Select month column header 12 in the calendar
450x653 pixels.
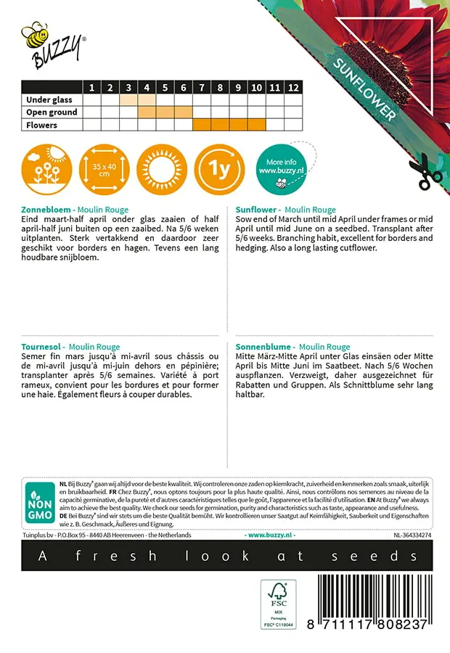point(292,88)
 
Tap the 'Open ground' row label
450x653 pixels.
point(52,112)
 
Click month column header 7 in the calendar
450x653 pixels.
point(202,88)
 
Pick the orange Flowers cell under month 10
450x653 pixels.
point(256,125)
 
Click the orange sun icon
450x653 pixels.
point(161,170)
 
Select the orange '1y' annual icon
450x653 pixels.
point(220,170)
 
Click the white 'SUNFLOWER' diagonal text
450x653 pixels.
point(365,89)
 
